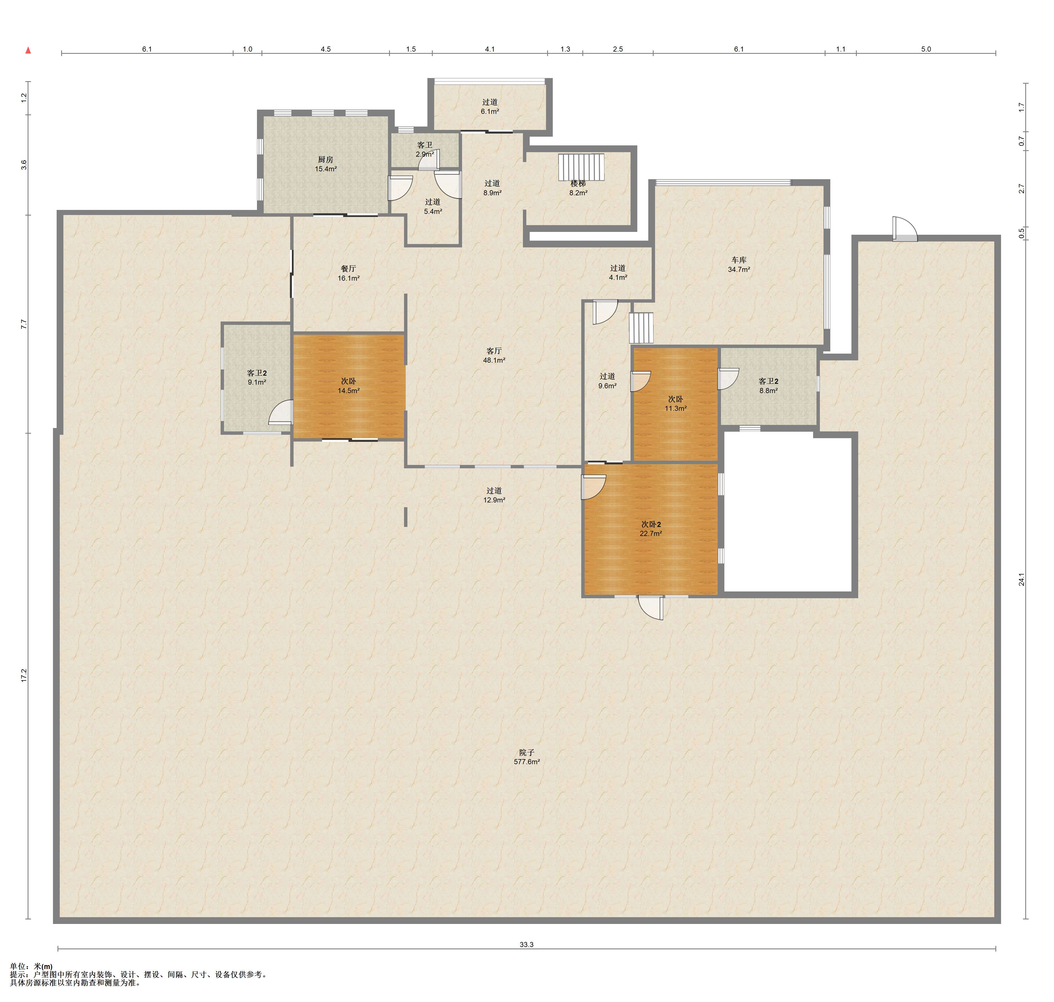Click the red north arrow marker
[28, 51]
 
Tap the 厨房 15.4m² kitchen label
[326, 164]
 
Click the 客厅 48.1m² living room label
[494, 355]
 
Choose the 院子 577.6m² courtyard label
[527, 757]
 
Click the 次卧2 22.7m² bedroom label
[651, 529]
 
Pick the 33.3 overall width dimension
[527, 944]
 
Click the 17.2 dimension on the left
[23, 675]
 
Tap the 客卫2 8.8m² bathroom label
[768, 386]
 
